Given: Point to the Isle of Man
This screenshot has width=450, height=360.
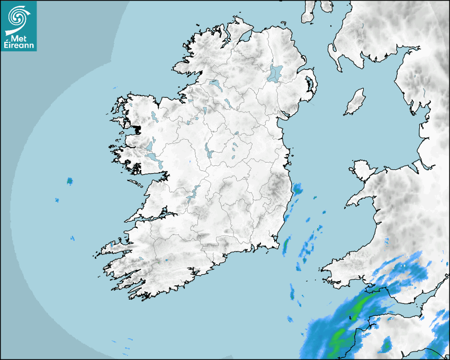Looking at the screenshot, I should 355,102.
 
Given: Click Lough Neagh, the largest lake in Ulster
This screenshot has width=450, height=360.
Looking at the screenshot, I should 275,73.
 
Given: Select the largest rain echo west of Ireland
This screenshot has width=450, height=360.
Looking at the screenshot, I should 69,182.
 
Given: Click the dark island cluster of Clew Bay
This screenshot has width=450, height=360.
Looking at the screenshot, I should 137,129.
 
